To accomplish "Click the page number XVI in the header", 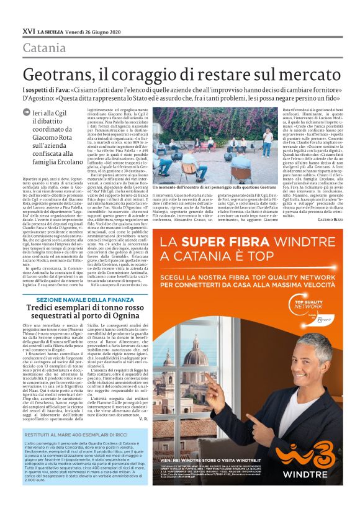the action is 29,30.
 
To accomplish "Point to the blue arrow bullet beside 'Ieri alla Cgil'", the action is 25,112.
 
